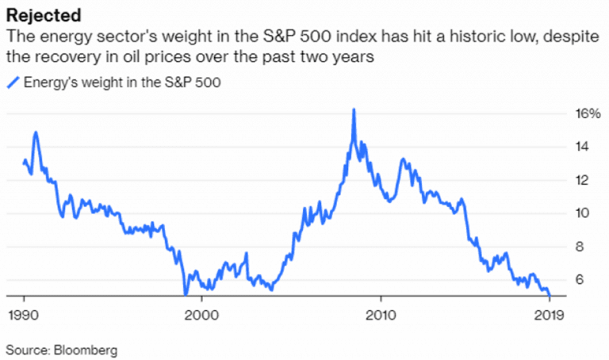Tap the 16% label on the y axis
point(587,113)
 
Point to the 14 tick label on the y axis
point(582,147)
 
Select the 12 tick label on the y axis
point(582,180)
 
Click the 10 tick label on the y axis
point(582,213)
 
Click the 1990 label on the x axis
point(23,313)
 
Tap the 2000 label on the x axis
point(201,313)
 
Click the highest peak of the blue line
point(353,109)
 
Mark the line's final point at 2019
point(550,296)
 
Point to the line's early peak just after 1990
point(36,132)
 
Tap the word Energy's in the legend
point(49,82)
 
